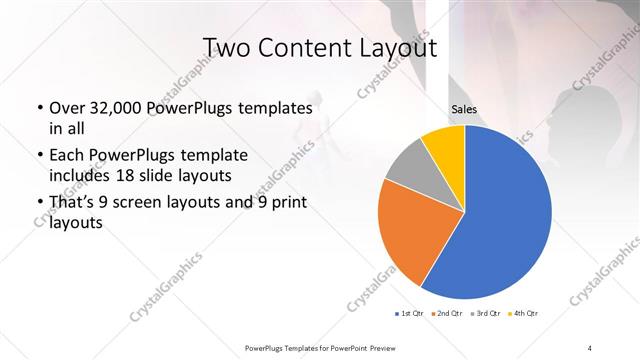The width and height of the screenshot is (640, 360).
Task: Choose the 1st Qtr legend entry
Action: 410,315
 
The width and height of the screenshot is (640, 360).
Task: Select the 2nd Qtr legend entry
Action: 447,315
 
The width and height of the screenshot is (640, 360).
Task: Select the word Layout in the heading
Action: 400,48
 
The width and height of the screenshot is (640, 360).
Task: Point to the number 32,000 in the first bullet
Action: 118,108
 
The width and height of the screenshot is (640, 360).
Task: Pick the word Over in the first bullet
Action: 66,108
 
